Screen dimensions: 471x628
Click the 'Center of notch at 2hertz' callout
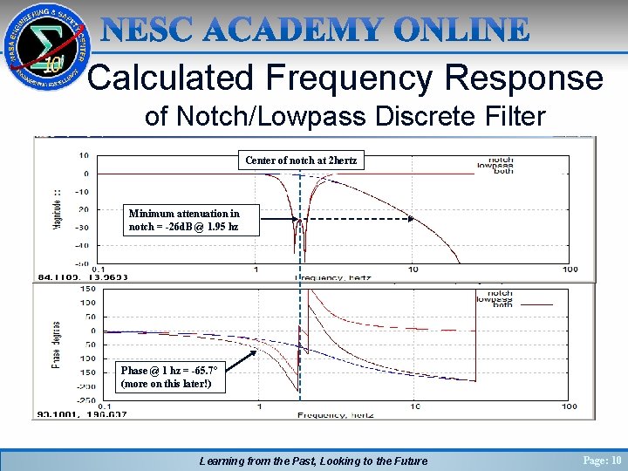click(x=301, y=160)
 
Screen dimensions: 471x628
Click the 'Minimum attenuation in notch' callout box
click(x=184, y=220)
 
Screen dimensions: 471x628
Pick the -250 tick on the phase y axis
click(x=85, y=400)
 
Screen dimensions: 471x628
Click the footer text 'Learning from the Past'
click(x=262, y=461)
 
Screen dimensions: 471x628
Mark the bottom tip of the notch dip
click(x=299, y=237)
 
